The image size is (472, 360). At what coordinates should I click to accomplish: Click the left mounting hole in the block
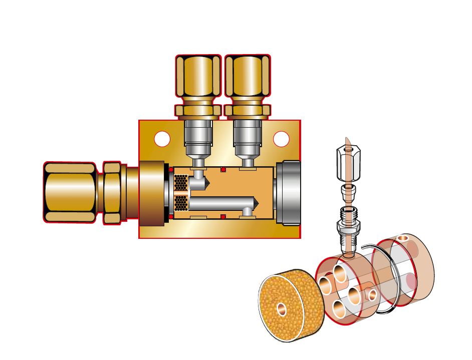coord(162,139)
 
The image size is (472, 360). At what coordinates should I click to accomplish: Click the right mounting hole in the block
coord(281,139)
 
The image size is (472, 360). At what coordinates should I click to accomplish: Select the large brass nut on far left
coord(70,192)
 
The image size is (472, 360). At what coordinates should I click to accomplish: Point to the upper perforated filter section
coord(181,183)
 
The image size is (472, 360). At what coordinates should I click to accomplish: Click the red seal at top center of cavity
coord(223,170)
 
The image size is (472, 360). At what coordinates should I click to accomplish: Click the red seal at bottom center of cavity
coord(223,216)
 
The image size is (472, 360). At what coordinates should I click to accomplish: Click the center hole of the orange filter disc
coord(282,309)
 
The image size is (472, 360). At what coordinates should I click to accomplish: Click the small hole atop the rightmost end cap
coord(403,238)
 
